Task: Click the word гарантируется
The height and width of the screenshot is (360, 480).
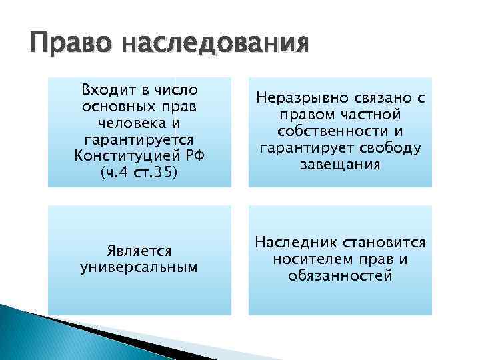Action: [x=140, y=140]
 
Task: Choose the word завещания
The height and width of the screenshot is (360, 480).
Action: [x=341, y=164]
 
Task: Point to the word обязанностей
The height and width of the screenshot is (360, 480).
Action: [x=341, y=275]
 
